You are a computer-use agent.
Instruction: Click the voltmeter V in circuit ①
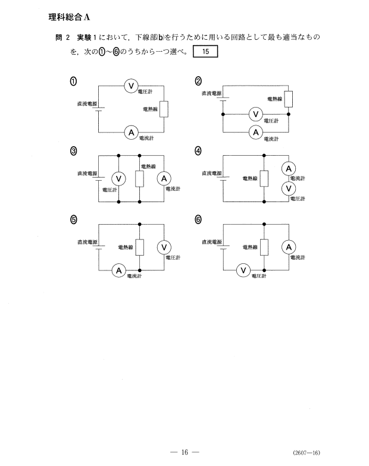click(131, 86)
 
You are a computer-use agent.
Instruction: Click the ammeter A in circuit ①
click(131, 133)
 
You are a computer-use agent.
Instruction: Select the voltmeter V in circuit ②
click(256, 114)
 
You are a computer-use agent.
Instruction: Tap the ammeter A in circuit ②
click(256, 132)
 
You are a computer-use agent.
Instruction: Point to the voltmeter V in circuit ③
click(118, 178)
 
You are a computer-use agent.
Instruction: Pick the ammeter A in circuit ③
click(164, 178)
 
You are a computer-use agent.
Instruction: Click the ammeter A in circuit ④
click(288, 169)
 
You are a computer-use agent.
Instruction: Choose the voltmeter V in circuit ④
click(288, 188)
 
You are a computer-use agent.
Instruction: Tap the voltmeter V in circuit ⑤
click(164, 247)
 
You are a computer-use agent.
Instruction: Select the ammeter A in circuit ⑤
click(119, 270)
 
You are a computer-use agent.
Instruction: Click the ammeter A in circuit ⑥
click(289, 247)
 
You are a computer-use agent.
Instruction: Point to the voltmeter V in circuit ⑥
click(243, 270)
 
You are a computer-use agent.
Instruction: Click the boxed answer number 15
click(205, 51)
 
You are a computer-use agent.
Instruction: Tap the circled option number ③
click(73, 151)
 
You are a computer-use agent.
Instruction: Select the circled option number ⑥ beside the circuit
click(198, 220)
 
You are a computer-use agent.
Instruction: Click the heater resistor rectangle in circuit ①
click(164, 109)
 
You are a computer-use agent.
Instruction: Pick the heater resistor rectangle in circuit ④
click(264, 178)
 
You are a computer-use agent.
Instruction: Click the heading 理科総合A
click(69, 17)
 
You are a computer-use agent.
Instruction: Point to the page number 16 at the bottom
click(185, 452)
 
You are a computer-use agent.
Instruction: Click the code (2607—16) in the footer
click(307, 453)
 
